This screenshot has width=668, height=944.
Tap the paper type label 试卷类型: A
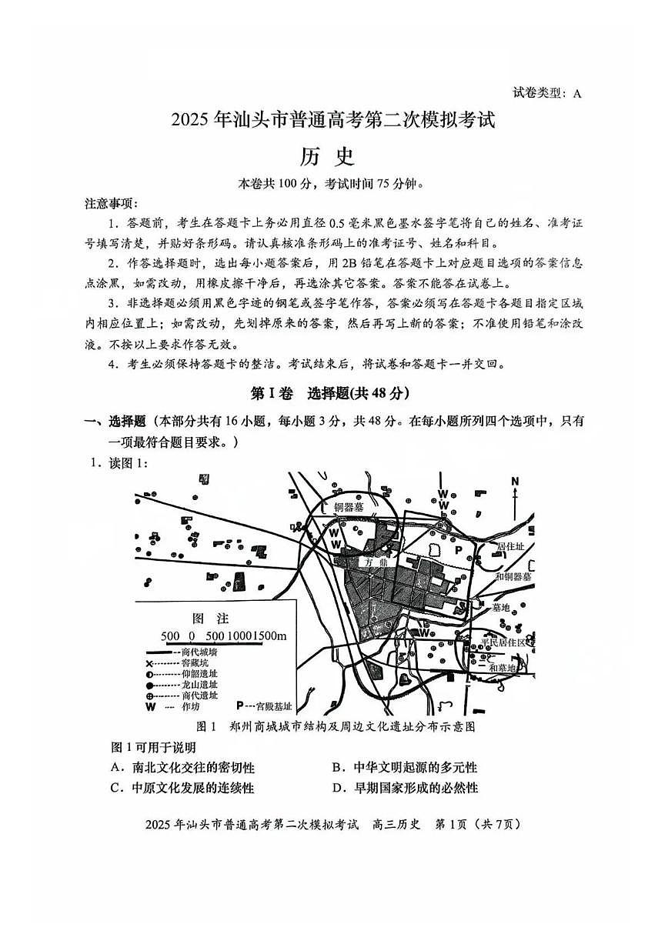pyautogui.click(x=547, y=94)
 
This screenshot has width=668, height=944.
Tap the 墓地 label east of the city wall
pyautogui.click(x=501, y=607)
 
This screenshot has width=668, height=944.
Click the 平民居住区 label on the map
pyautogui.click(x=503, y=642)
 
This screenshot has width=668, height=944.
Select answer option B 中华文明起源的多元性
pyautogui.click(x=404, y=768)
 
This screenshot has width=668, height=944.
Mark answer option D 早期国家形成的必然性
pyautogui.click(x=405, y=788)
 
